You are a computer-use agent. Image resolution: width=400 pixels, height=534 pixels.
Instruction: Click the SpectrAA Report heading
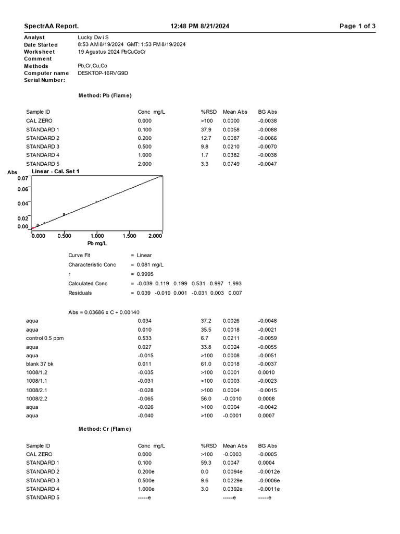(x=52, y=27)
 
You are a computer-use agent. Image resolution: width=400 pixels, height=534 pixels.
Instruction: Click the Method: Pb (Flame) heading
(x=105, y=96)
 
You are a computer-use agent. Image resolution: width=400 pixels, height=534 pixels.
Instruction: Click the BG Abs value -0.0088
(x=267, y=129)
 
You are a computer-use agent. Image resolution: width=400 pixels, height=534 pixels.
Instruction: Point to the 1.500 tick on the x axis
(x=129, y=236)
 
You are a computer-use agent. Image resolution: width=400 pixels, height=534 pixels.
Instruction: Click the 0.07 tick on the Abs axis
(x=22, y=178)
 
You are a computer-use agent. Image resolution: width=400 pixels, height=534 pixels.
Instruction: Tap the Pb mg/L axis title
(x=97, y=244)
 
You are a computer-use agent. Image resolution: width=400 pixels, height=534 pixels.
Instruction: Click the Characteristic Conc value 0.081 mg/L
(x=150, y=265)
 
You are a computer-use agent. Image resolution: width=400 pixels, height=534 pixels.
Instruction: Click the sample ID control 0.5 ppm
(x=45, y=338)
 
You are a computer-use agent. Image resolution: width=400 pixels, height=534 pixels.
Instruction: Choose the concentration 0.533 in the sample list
(x=145, y=338)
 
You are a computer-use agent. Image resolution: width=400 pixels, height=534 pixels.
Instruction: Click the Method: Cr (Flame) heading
(x=105, y=429)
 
